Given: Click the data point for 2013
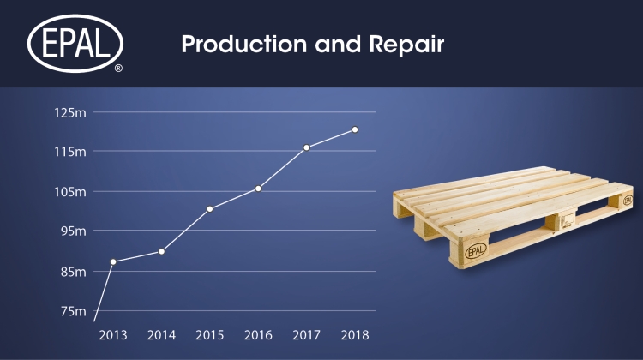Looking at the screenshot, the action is tap(113, 261).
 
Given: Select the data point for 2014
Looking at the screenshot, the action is tap(161, 251).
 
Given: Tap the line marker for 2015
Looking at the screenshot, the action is tap(209, 209).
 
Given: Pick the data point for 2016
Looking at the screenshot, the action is tap(258, 189).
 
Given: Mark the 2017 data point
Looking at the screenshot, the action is tap(306, 147).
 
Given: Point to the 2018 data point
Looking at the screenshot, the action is tap(355, 129).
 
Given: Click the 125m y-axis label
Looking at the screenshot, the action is tap(70, 112).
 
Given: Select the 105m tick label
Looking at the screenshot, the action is tap(70, 191).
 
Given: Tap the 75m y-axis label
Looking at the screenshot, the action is tap(74, 311).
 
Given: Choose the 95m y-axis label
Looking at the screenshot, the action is tap(74, 231).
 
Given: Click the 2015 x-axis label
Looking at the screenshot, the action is tap(209, 335).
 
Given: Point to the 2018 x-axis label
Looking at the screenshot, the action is tap(355, 335).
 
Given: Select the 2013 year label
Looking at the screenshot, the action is tap(113, 335).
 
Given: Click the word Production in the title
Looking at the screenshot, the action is tap(244, 44).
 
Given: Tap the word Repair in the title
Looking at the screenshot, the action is tap(406, 45).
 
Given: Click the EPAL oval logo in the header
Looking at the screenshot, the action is tap(75, 44).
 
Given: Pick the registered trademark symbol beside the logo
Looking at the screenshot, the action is tap(118, 68).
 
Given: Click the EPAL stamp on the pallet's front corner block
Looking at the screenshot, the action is tap(476, 250).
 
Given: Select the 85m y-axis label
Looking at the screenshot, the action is tap(74, 272).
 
